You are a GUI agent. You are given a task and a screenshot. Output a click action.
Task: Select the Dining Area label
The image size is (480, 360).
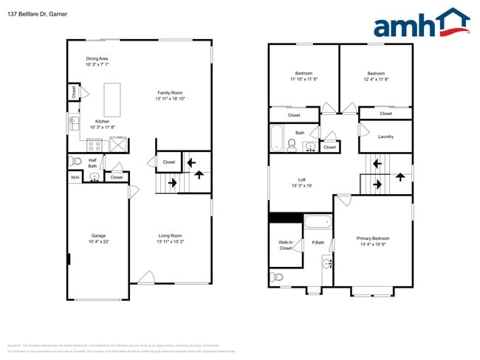click(97, 61)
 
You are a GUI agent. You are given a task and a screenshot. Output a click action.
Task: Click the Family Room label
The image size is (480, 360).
click(170, 95)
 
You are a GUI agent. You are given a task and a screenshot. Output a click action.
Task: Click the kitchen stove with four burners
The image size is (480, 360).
click(95, 145)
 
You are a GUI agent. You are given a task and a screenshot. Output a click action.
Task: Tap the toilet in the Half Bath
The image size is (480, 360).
click(74, 162)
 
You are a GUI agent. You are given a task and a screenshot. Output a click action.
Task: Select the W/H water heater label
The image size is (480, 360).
click(75, 178)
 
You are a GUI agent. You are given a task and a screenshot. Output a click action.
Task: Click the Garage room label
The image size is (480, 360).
click(98, 238)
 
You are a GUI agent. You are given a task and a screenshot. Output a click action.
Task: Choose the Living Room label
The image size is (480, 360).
click(170, 238)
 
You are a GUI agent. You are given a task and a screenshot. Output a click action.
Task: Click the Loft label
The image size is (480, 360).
click(301, 182)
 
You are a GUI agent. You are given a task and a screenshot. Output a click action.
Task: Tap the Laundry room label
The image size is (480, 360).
click(385, 136)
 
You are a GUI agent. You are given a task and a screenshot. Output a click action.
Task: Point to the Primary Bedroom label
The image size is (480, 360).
click(373, 241)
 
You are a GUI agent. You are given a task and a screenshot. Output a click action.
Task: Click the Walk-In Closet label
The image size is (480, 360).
click(285, 245)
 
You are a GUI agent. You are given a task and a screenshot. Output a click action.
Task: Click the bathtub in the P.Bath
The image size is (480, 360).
click(319, 221)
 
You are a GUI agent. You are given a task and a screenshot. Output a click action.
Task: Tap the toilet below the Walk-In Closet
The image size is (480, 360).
click(276, 277)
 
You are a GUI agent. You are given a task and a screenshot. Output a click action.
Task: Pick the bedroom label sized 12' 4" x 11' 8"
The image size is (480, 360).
click(375, 76)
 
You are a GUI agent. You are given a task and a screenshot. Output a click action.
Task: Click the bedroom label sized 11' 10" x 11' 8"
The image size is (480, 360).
click(304, 76)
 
